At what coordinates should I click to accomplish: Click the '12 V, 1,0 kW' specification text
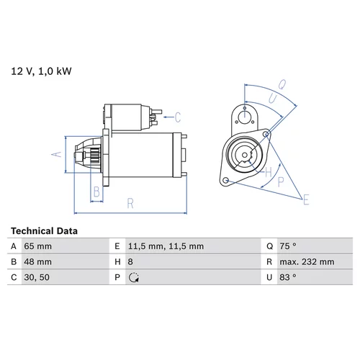click(41, 71)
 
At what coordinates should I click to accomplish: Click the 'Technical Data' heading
click(44, 231)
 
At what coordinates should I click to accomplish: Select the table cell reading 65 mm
click(37, 246)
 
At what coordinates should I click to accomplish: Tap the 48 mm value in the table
click(37, 262)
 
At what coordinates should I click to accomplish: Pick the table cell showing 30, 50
click(37, 277)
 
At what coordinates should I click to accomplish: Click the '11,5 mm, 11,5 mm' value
click(166, 246)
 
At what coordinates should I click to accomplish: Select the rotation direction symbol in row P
click(134, 277)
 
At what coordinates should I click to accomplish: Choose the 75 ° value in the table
click(288, 246)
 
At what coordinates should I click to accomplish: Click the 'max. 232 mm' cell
click(307, 262)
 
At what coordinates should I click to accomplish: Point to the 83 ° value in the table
click(288, 277)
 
